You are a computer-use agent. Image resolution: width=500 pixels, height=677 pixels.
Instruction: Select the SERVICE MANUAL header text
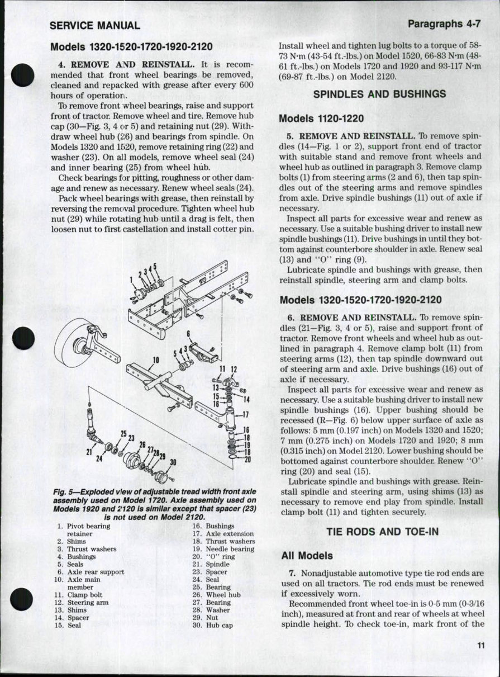[x=94, y=25]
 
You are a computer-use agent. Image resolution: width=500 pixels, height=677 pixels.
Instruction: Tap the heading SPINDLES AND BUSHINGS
[x=379, y=94]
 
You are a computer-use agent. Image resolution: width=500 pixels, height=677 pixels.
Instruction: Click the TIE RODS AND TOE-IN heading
[x=379, y=532]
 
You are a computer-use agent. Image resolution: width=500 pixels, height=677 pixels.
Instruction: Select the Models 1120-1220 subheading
[x=321, y=119]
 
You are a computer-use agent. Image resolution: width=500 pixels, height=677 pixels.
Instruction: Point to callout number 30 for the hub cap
[x=173, y=462]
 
